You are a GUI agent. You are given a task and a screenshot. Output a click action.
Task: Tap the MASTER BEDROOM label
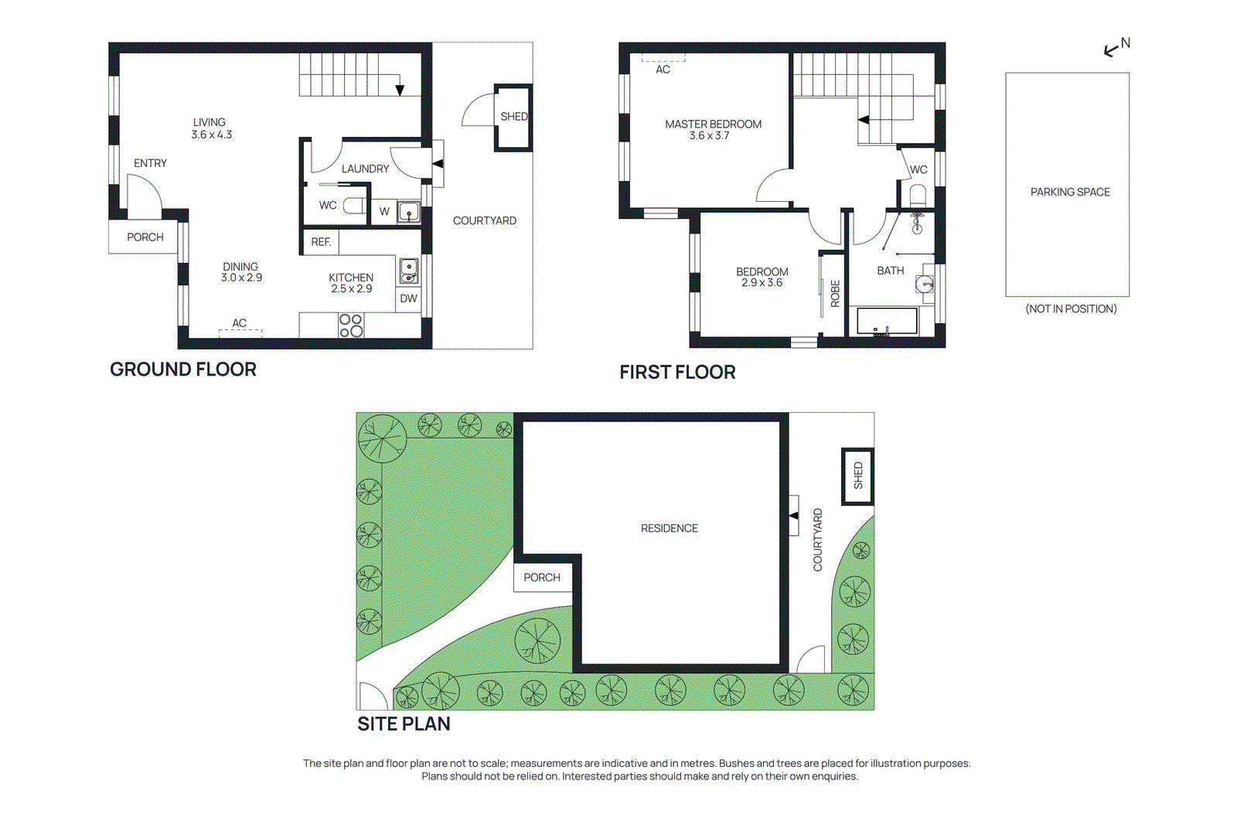(x=713, y=124)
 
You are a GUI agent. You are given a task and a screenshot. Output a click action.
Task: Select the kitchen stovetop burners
(x=351, y=326)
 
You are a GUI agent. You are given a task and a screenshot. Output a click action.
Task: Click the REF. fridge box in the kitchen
(x=321, y=242)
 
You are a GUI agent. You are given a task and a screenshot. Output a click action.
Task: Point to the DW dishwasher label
(x=408, y=298)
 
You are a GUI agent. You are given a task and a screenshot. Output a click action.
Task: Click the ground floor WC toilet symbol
(x=354, y=206)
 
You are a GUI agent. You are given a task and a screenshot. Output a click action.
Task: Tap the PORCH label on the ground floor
(x=145, y=237)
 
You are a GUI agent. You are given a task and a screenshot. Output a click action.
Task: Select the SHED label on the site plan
(x=858, y=476)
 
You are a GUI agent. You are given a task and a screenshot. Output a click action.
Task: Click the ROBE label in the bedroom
(x=835, y=293)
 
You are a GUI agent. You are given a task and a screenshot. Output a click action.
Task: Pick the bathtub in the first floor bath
(x=886, y=322)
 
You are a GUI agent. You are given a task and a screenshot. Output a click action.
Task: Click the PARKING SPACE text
(x=1070, y=193)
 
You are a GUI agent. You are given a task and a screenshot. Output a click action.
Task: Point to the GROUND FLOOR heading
(x=182, y=370)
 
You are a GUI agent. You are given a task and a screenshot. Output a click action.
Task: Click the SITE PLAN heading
(x=404, y=724)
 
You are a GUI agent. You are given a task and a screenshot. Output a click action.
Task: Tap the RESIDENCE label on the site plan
(x=670, y=528)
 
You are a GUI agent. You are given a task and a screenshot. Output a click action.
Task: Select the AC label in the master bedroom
(x=663, y=70)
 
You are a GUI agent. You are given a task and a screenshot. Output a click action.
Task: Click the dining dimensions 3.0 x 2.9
(x=241, y=278)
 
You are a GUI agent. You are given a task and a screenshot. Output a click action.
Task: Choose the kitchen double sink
(x=409, y=271)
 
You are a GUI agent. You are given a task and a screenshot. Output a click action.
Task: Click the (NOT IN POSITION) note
(x=1071, y=309)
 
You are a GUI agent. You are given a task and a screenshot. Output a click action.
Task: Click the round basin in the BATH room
(x=924, y=285)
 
